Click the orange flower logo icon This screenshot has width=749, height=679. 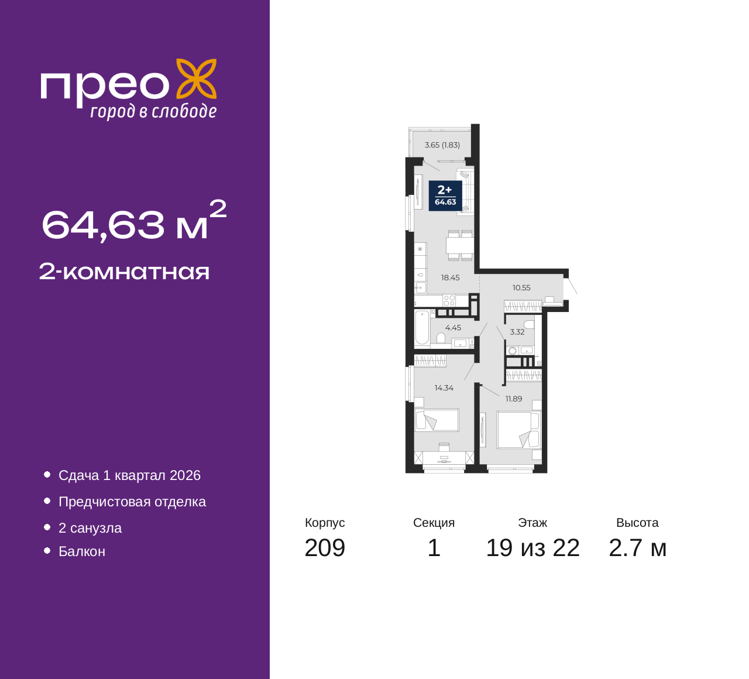197,79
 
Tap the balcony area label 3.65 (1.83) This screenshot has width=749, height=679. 442,145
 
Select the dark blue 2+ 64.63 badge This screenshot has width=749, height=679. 445,196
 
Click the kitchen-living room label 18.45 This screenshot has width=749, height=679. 450,277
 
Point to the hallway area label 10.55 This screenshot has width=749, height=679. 521,287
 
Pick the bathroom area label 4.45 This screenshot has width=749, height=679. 453,328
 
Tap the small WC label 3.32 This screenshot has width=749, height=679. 517,332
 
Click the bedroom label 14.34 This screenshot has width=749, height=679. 444,387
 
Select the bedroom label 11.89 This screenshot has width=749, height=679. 514,399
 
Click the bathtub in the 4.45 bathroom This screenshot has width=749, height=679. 422,328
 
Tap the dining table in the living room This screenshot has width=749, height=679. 459,245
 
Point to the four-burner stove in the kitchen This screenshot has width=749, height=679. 449,300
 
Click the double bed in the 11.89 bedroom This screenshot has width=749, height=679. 519,430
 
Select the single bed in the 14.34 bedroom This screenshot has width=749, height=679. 437,420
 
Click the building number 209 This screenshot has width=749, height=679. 325,548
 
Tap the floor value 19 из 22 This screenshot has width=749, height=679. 533,548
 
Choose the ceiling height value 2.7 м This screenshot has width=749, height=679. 638,548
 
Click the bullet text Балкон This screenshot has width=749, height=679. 82,551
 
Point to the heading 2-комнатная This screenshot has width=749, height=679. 124,272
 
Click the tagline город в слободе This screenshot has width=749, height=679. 153,111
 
